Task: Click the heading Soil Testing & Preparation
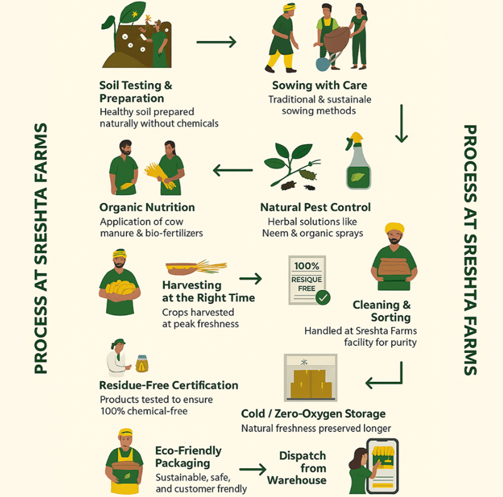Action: [136, 92]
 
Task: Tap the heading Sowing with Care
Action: [319, 86]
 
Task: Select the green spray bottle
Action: [358, 161]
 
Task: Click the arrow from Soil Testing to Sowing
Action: [216, 42]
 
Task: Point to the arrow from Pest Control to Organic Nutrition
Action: [233, 170]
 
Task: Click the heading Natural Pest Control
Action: [316, 208]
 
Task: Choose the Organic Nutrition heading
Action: [147, 208]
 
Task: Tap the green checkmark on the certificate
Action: [323, 298]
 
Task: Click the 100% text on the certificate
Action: [307, 266]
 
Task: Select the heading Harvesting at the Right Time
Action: [209, 291]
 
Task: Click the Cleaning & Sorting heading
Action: [382, 311]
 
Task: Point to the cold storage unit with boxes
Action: [311, 377]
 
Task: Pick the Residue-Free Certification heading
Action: [169, 385]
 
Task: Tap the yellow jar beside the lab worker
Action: [142, 364]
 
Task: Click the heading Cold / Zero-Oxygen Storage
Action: [313, 414]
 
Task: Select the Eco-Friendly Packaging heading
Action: [188, 457]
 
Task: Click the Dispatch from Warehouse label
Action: [297, 468]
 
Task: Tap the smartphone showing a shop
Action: [382, 466]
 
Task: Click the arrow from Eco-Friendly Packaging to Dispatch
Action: [253, 469]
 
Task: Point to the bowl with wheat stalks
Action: [196, 267]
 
